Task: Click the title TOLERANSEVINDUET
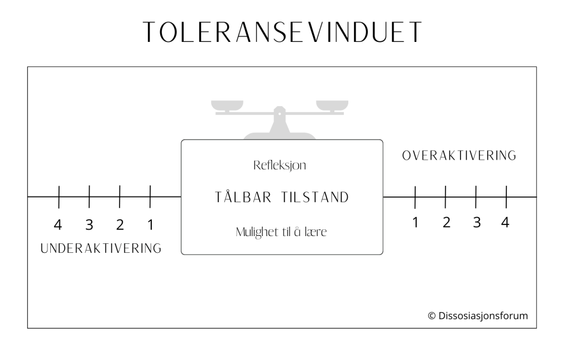click(x=282, y=33)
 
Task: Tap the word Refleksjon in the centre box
click(x=280, y=166)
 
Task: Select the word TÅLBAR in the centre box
click(x=243, y=197)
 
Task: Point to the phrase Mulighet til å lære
click(x=281, y=232)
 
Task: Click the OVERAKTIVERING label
click(x=459, y=156)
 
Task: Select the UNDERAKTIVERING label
click(x=101, y=248)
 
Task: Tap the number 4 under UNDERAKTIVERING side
click(x=58, y=225)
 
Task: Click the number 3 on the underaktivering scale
click(x=89, y=225)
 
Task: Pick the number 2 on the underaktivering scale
click(x=120, y=225)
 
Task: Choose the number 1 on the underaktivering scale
click(x=150, y=225)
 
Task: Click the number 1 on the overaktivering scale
click(x=415, y=222)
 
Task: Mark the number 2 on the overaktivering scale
click(x=446, y=222)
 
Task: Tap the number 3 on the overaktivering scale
click(x=476, y=222)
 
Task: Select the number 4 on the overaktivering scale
click(x=505, y=222)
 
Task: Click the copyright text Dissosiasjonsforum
click(x=478, y=316)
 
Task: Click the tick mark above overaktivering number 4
click(x=506, y=196)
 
